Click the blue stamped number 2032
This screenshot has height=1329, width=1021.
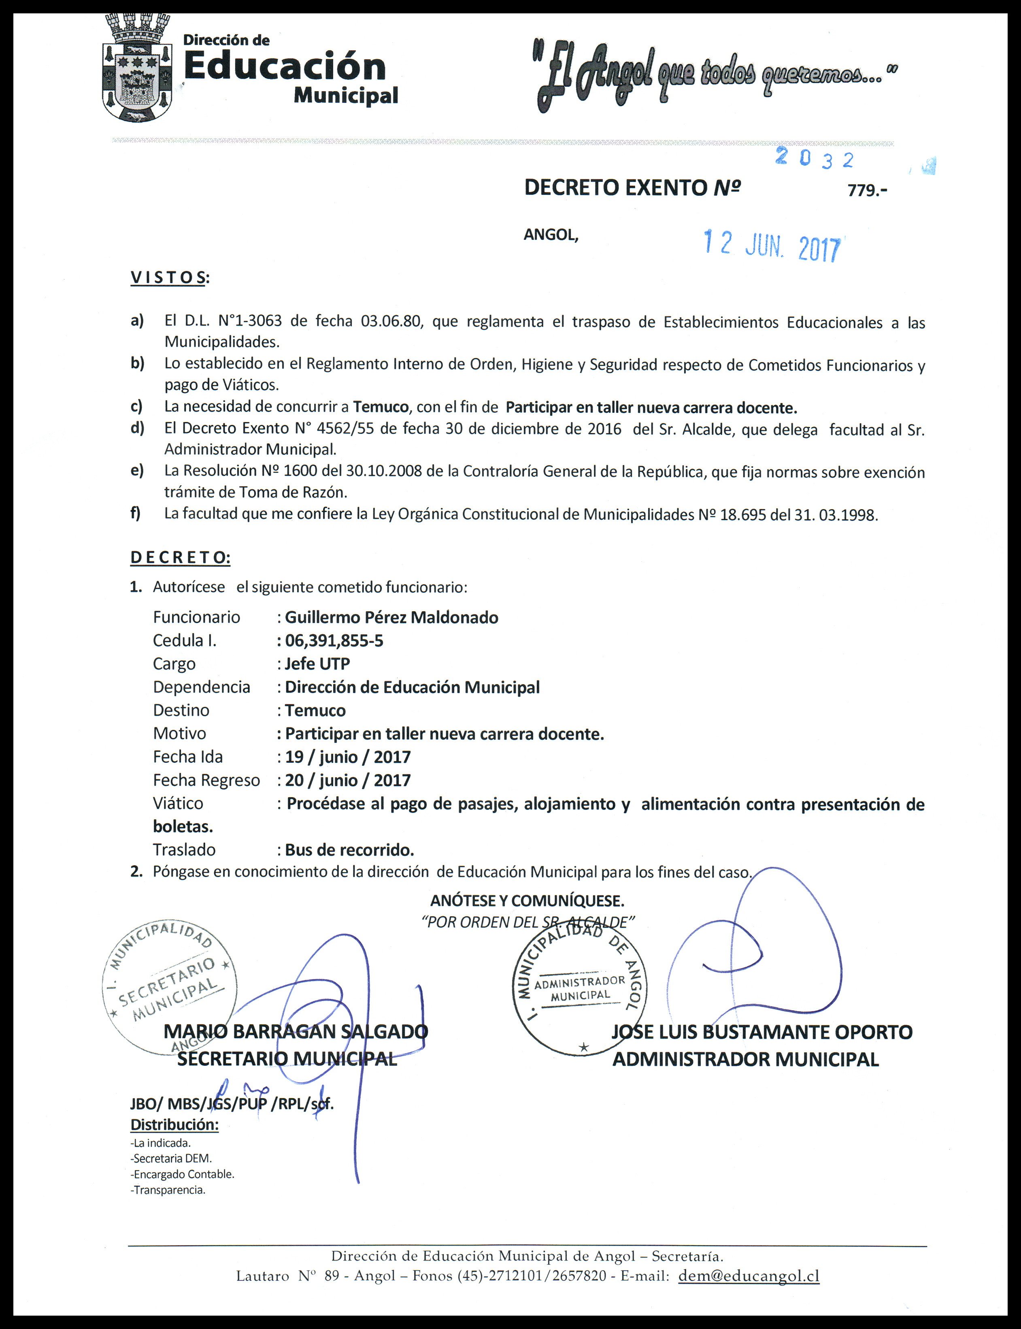click(x=815, y=159)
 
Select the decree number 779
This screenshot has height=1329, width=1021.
click(x=867, y=190)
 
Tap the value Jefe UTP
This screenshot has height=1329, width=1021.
click(x=317, y=664)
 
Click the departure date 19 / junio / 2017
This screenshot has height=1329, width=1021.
click(x=348, y=757)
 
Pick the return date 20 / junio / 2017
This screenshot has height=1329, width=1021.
click(x=348, y=780)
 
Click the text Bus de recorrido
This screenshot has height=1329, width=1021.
click(x=349, y=850)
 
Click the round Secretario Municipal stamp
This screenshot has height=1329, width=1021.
click(x=169, y=986)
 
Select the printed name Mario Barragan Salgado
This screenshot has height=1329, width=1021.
click(x=296, y=1032)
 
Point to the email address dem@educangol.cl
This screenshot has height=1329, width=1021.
click(x=749, y=1276)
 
